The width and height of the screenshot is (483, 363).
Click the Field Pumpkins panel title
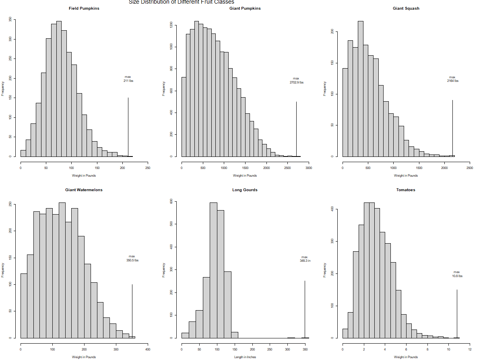[x=84, y=8]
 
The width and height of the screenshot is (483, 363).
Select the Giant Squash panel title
[x=406, y=8]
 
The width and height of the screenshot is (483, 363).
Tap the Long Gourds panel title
[x=245, y=190]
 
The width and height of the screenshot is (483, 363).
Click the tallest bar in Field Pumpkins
[x=59, y=89]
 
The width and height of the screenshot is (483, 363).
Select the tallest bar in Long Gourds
[x=213, y=270]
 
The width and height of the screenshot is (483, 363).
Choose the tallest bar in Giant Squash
[x=361, y=89]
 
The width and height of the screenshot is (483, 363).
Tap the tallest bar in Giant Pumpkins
[x=196, y=89]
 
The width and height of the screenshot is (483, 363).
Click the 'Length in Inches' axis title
[x=245, y=357]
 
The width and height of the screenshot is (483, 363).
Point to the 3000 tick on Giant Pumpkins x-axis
[x=309, y=168]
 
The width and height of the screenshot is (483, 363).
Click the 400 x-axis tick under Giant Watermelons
[x=148, y=349]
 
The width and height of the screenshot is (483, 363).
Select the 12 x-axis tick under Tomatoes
[x=470, y=349]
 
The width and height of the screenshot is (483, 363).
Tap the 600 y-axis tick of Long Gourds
[x=171, y=201]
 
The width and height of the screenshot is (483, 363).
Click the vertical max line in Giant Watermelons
[x=132, y=311]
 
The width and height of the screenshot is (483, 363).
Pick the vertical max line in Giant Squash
[x=452, y=128]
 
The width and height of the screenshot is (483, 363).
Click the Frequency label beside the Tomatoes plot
[x=324, y=270]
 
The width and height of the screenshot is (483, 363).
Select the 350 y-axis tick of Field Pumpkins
[x=10, y=19]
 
